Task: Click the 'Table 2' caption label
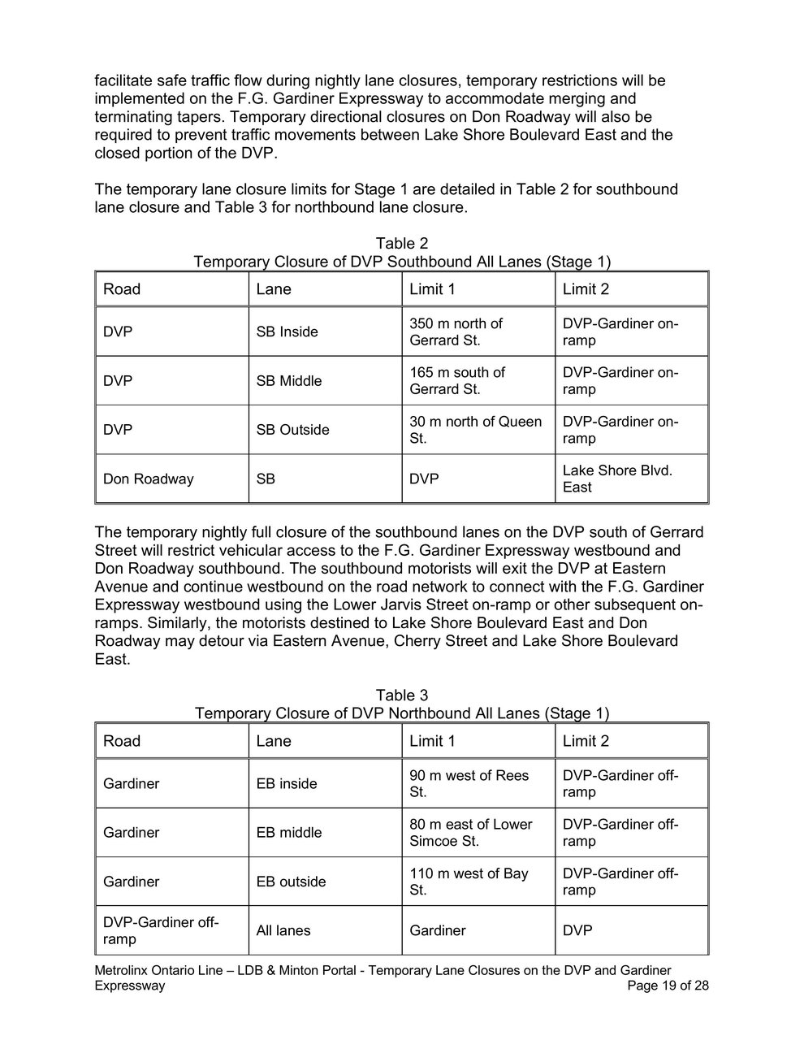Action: (x=401, y=244)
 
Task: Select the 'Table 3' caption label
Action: (x=401, y=695)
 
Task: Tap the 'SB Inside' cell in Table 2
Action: (x=287, y=331)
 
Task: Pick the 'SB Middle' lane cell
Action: (x=289, y=381)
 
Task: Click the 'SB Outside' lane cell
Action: (x=293, y=430)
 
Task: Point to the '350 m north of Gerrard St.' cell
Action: (x=456, y=331)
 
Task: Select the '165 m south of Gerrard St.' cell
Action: (x=457, y=381)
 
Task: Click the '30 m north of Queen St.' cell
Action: (x=475, y=430)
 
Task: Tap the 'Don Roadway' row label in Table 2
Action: (x=149, y=479)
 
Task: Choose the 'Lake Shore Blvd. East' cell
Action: (x=617, y=479)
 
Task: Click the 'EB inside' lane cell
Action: (x=287, y=784)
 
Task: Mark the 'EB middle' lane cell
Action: (x=289, y=833)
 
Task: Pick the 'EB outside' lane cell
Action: (x=292, y=882)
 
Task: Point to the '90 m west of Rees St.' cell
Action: (x=469, y=784)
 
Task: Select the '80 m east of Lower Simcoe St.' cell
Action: (x=471, y=833)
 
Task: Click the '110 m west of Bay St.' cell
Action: (x=469, y=882)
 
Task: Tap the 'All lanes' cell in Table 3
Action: (x=283, y=930)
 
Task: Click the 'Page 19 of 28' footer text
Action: (x=668, y=986)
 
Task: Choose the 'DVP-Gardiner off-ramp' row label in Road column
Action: (x=161, y=930)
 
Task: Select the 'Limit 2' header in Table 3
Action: (x=586, y=741)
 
